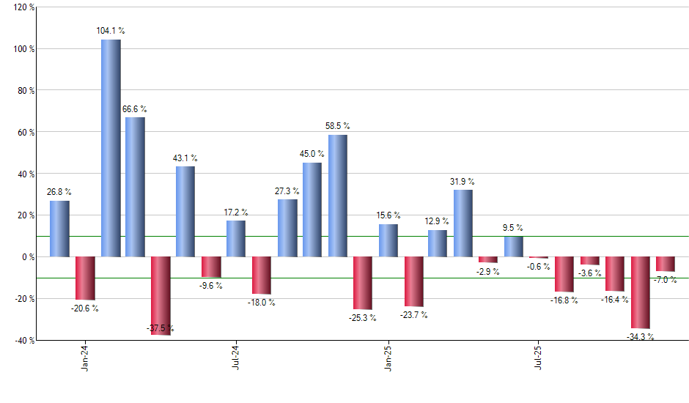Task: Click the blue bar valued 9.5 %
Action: (513, 247)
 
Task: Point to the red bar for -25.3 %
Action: (363, 283)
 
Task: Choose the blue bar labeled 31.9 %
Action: (463, 223)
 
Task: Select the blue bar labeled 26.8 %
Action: (60, 229)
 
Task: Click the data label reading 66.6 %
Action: (136, 109)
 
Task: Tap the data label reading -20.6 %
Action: (85, 308)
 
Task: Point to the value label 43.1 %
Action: (185, 158)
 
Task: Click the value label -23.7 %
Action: (414, 315)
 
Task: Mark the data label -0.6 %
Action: (539, 267)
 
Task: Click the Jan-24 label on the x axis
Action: (85, 358)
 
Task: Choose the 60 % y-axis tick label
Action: (21, 132)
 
